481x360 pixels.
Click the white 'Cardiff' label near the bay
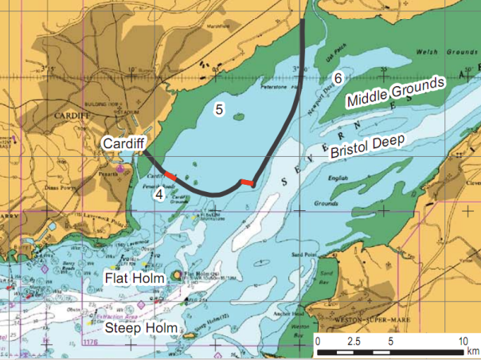[x=123, y=143]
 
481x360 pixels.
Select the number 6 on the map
[x=338, y=79]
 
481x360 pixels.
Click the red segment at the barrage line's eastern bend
[x=249, y=184]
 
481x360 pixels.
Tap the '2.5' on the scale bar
[x=354, y=340]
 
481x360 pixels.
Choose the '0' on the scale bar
[x=318, y=340]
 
